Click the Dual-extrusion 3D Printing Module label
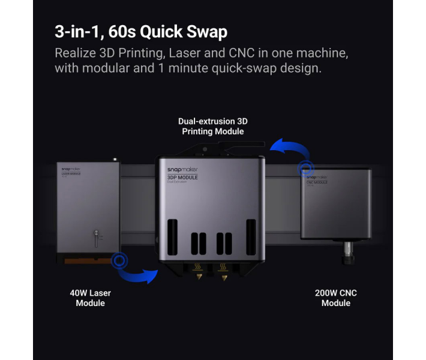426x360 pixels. click(213, 126)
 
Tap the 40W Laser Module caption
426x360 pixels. click(91, 298)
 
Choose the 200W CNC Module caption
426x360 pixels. click(335, 298)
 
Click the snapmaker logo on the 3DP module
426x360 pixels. click(182, 170)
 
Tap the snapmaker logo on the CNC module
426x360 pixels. click(317, 177)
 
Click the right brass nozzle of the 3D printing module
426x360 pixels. click(223, 277)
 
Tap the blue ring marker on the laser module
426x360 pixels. click(120, 260)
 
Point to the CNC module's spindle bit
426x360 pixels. click(347, 256)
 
